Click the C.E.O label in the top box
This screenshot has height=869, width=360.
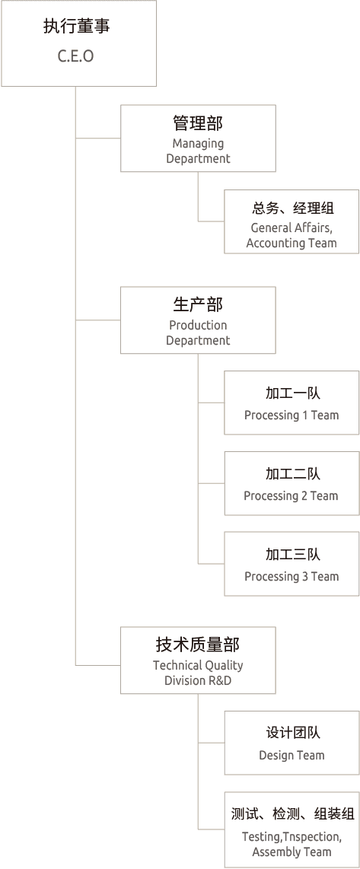pyautogui.click(x=76, y=56)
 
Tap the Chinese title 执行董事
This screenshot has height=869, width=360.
pyautogui.click(x=76, y=27)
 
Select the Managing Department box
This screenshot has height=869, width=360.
pyautogui.click(x=198, y=138)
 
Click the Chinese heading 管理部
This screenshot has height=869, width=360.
pyautogui.click(x=198, y=123)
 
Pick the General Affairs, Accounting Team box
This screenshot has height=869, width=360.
pyautogui.click(x=292, y=221)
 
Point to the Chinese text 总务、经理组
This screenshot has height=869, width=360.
pyautogui.click(x=292, y=208)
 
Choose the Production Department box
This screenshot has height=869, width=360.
pyautogui.click(x=198, y=320)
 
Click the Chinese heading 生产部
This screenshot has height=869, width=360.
pyautogui.click(x=198, y=305)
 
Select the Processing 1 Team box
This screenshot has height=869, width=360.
pyautogui.click(x=292, y=403)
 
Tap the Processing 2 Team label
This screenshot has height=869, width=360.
pyautogui.click(x=291, y=496)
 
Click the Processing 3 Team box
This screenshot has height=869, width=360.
pyautogui.click(x=292, y=564)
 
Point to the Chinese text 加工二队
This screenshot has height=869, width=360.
pyautogui.click(x=292, y=474)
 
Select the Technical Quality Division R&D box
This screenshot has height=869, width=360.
pyautogui.click(x=198, y=661)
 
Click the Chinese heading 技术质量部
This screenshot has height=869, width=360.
pyautogui.click(x=198, y=645)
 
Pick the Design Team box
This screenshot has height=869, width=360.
pyautogui.click(x=292, y=743)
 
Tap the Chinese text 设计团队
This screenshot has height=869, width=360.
pyautogui.click(x=292, y=733)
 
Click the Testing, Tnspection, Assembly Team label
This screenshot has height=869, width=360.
pyautogui.click(x=292, y=844)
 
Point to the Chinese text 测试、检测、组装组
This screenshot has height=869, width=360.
pyautogui.click(x=292, y=814)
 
